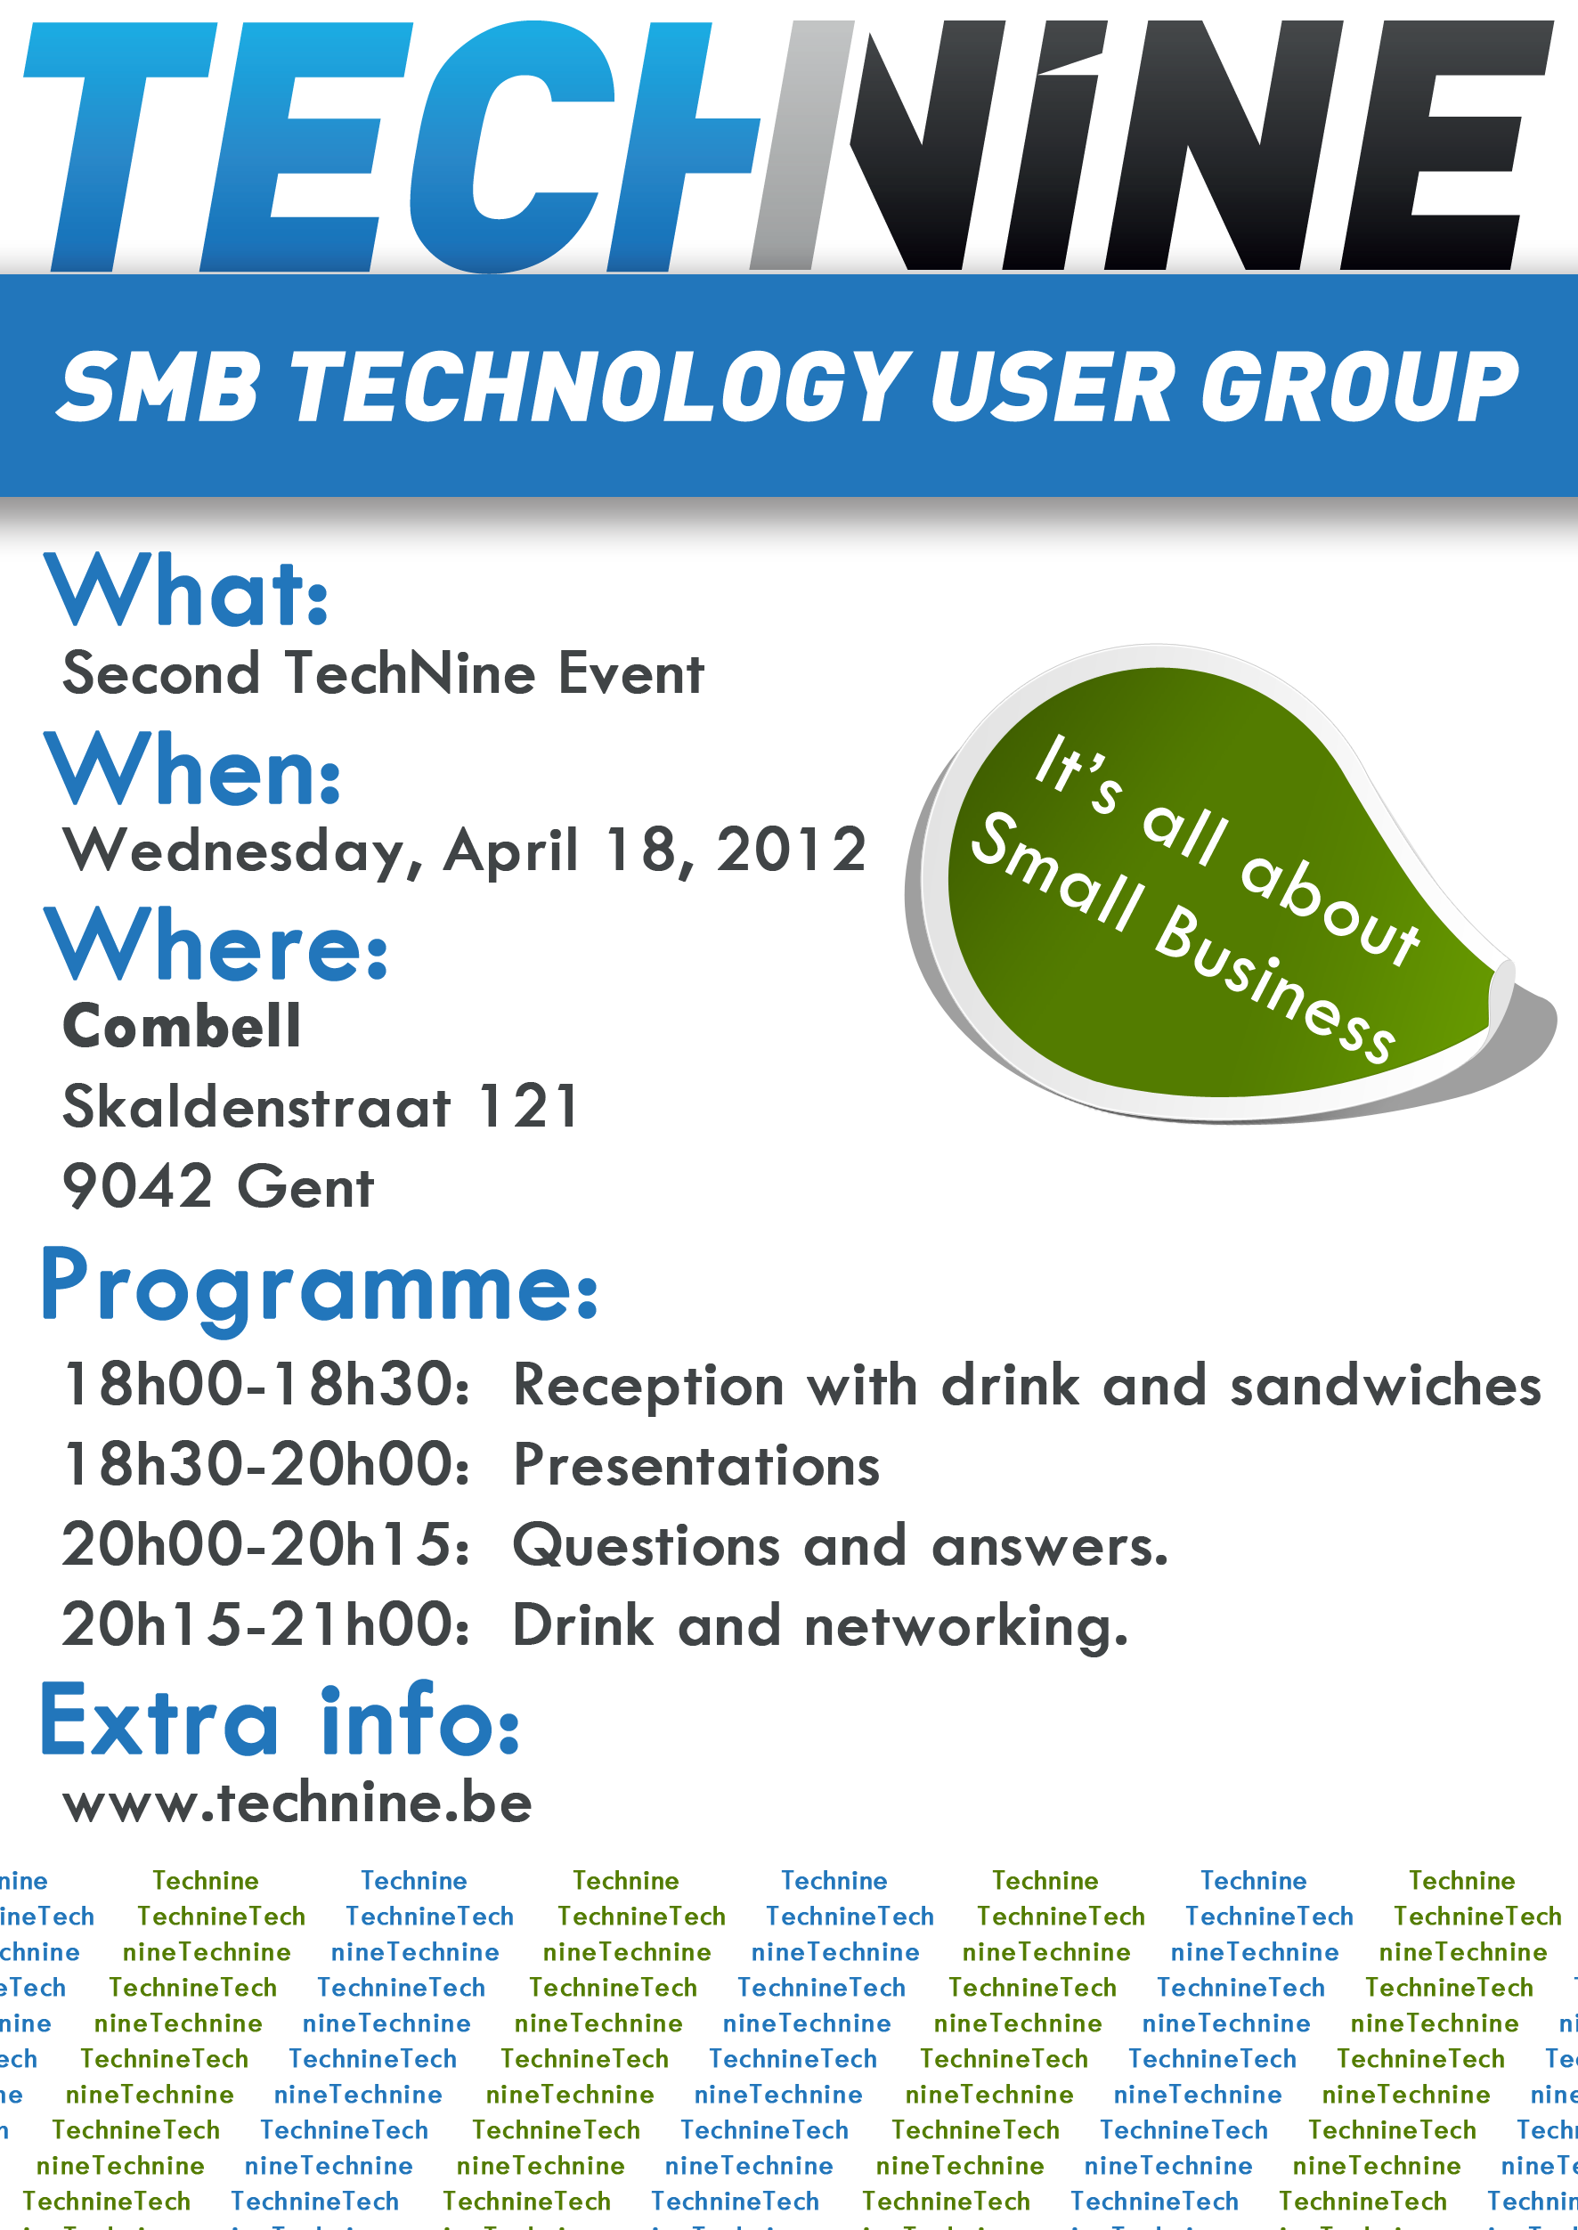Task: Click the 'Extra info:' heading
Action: point(280,1719)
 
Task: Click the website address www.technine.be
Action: point(297,1803)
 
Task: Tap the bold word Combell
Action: point(182,1026)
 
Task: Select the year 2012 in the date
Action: point(791,850)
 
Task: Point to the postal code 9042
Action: point(137,1186)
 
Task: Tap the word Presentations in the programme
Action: point(696,1465)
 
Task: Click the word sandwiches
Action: point(1386,1385)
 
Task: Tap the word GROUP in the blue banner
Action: point(1359,386)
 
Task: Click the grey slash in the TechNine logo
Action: point(802,146)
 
